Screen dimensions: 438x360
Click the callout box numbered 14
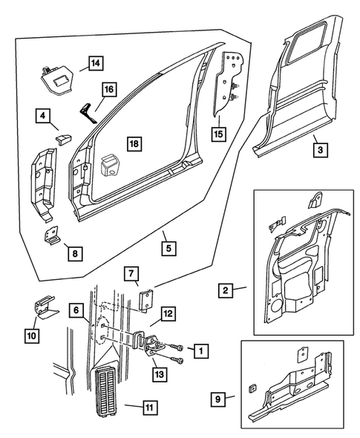[94, 63]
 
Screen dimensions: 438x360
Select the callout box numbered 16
[109, 90]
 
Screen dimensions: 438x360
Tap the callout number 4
[43, 115]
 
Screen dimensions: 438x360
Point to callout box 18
[133, 143]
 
